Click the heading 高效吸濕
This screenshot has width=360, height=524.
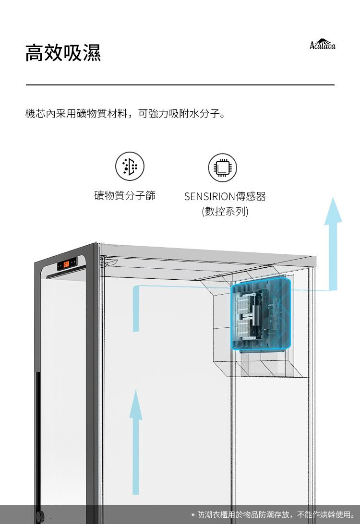[63, 52]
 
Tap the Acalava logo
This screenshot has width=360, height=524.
[323, 45]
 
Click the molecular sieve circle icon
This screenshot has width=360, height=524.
[130, 167]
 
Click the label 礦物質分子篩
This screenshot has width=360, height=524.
[125, 196]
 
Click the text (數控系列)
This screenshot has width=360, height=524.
[225, 211]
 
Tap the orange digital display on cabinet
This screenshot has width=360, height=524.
[67, 263]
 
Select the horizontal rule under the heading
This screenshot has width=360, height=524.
[180, 85]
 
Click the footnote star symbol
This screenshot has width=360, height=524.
[192, 515]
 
